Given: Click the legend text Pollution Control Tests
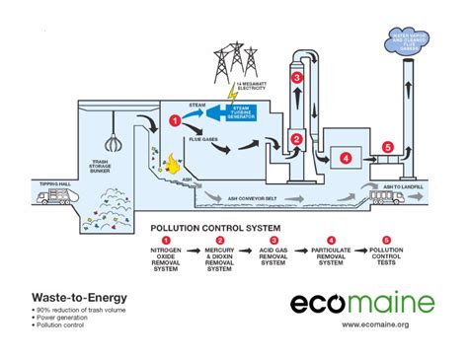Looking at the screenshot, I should coord(386,261).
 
